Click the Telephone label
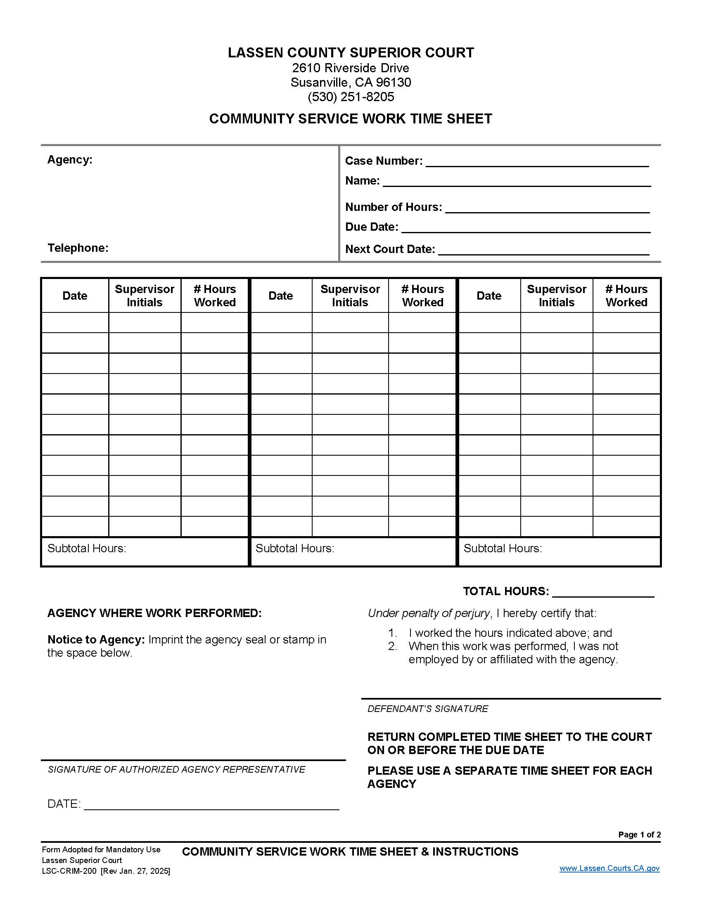coord(78,248)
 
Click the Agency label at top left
coord(69,160)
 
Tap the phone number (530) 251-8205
coord(351,97)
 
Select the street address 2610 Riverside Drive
coord(351,68)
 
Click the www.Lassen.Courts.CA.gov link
coord(609,868)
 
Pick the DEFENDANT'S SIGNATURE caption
coord(427,708)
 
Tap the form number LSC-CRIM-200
coord(69,871)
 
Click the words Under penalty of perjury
coord(428,613)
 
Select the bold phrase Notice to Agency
coord(96,639)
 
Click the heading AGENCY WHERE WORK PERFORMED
coord(154,613)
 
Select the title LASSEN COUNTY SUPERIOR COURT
coord(351,53)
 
